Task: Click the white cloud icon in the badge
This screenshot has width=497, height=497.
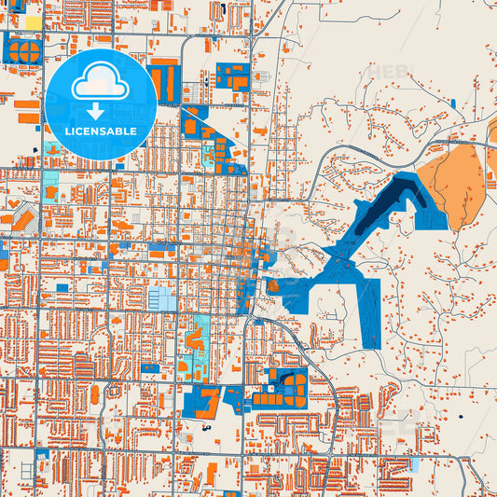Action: tap(100, 83)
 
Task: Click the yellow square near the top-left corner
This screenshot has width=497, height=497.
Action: tap(33, 21)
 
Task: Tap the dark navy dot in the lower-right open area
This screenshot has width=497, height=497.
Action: tap(461, 417)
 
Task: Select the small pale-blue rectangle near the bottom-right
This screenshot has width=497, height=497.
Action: tap(413, 462)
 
